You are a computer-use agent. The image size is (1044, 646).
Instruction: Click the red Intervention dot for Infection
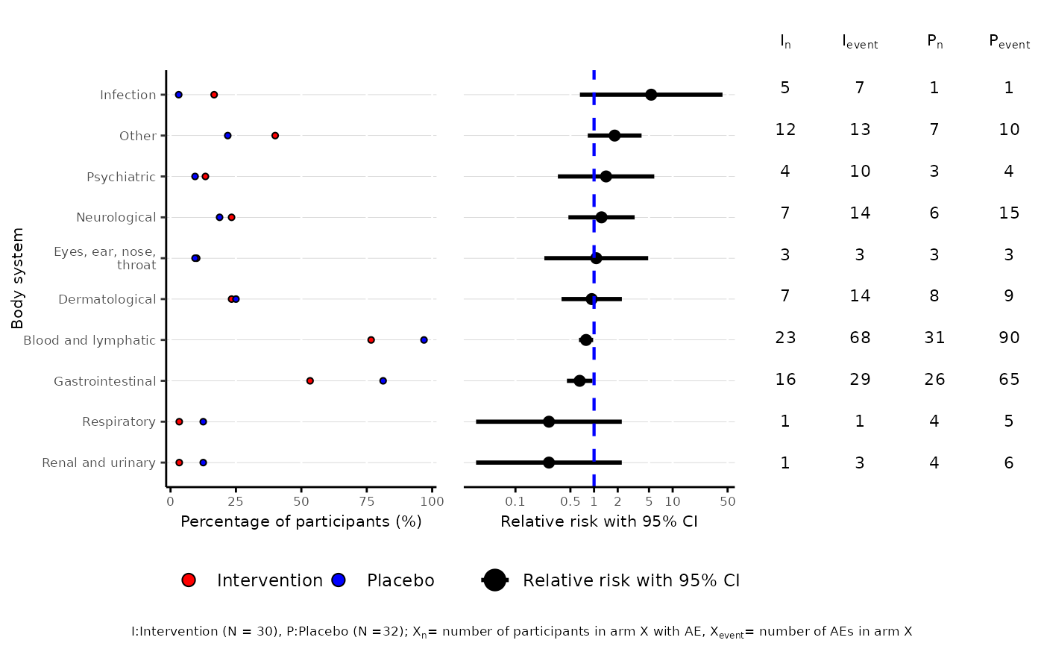(214, 95)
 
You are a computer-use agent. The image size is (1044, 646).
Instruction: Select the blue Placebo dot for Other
(227, 136)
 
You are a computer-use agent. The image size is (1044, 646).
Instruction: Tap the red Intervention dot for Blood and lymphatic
(371, 340)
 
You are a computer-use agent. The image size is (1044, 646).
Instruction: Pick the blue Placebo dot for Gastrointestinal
(383, 381)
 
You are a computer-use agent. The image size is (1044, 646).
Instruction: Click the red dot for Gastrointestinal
(309, 381)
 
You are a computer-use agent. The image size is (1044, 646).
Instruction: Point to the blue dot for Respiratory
(203, 422)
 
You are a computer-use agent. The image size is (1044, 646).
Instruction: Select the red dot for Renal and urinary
(179, 462)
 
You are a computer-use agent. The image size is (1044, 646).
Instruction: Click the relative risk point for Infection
(651, 95)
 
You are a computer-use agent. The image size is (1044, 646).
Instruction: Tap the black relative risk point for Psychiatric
(606, 177)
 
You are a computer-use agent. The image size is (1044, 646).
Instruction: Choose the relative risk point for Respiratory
(549, 422)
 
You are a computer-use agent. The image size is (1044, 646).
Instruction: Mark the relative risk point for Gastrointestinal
(579, 381)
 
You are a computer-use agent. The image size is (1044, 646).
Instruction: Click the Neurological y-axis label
(116, 218)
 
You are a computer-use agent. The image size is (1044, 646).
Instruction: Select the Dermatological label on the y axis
(107, 300)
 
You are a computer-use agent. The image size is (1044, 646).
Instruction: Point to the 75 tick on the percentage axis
(366, 501)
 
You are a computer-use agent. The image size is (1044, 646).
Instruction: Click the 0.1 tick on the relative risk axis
(515, 501)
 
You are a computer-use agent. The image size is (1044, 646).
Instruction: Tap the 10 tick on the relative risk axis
(672, 501)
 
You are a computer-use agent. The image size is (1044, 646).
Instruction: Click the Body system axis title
(18, 278)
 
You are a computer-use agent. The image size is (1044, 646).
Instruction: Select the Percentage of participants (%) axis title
(301, 521)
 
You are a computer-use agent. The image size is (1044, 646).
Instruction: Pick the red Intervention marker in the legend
(189, 580)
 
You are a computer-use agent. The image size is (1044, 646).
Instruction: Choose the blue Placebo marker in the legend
(339, 580)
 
